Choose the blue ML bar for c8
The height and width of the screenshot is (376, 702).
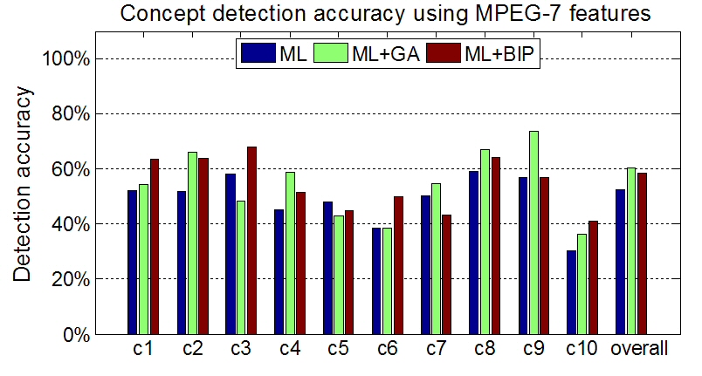(x=474, y=252)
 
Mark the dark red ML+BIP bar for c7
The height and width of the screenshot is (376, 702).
(x=447, y=274)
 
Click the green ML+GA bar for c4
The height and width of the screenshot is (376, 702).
(x=290, y=253)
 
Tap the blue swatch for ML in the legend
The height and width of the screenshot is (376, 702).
(x=259, y=54)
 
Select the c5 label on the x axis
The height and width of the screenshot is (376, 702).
(x=338, y=349)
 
